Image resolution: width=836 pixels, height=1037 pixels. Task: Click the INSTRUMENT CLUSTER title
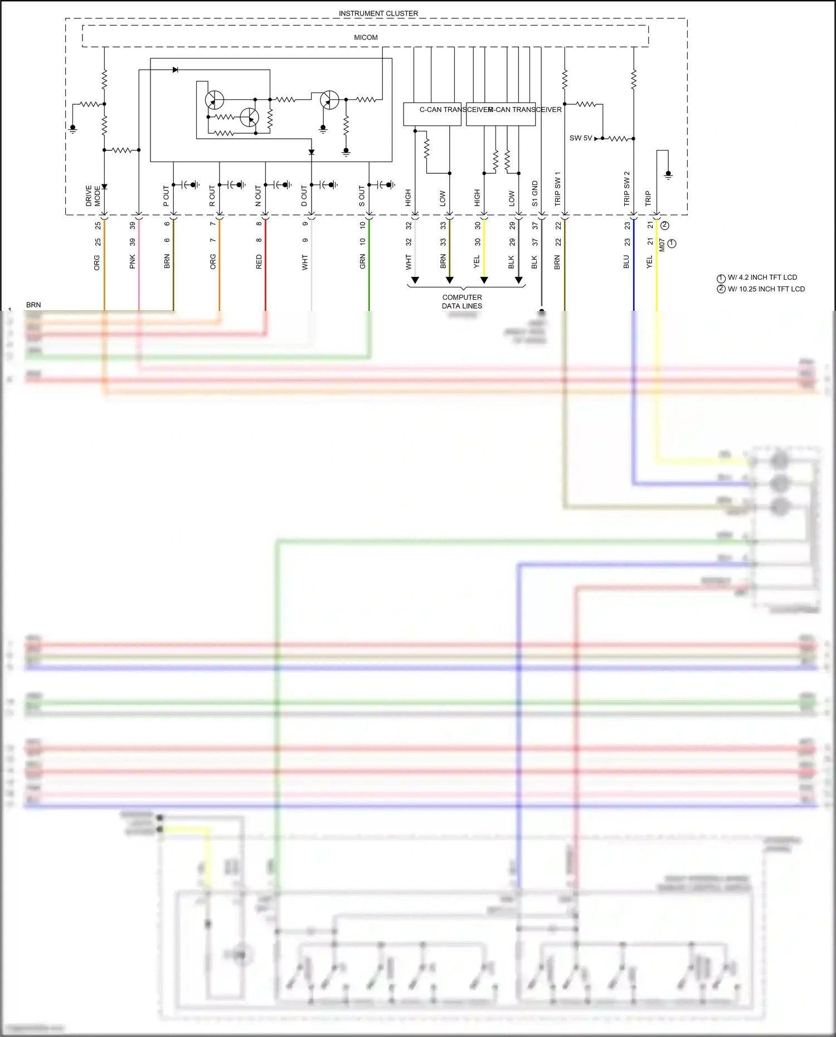pos(378,13)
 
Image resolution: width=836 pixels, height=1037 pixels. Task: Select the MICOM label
pos(366,37)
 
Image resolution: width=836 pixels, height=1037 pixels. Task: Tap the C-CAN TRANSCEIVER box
pos(432,114)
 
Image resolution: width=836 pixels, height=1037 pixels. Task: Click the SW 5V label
pos(580,138)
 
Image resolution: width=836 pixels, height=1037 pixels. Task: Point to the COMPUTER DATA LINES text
pos(462,301)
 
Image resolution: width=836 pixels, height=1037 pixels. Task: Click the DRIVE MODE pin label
pos(93,196)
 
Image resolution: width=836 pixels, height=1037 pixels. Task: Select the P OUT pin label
pos(166,196)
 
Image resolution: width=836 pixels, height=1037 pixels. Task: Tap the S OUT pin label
pos(362,196)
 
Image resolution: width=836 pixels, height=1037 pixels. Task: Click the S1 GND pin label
pos(535,193)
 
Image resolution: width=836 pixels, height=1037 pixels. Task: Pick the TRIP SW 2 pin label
pos(626,189)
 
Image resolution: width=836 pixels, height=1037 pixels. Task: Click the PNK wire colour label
pos(133,261)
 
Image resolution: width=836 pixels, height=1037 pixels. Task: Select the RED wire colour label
pos(259,262)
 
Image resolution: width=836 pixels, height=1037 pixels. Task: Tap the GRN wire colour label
pos(362,261)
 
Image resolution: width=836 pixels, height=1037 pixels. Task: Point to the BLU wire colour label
pos(626,262)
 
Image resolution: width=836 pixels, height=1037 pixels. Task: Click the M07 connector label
pos(662,245)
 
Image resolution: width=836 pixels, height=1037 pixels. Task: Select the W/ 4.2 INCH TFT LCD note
pos(761,277)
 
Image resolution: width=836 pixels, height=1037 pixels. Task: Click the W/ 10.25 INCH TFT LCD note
pos(765,289)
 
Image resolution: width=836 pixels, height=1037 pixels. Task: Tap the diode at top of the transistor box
pos(175,70)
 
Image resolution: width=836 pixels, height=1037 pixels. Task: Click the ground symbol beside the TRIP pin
pos(668,175)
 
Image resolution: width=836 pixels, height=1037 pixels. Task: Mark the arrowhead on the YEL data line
pos(484,280)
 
